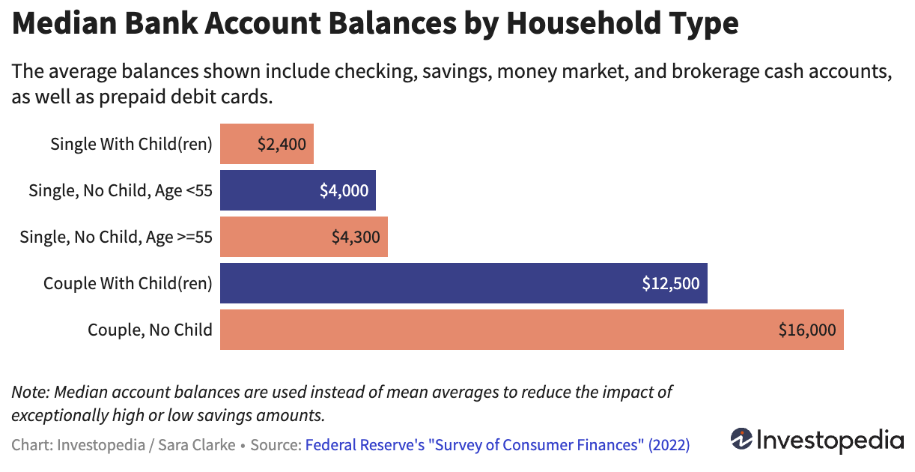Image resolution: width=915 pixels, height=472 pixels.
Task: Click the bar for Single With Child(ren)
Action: click(x=266, y=144)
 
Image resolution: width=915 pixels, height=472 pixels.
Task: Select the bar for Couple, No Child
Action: click(x=532, y=330)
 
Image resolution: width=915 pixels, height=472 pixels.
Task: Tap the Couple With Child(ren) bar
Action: click(x=463, y=283)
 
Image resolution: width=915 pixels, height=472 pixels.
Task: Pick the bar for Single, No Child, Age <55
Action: click(x=297, y=190)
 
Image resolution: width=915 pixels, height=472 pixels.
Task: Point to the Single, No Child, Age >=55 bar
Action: click(x=303, y=237)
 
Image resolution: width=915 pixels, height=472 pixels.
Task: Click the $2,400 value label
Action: click(x=282, y=144)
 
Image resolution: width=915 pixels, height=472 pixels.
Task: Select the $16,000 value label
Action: click(x=806, y=330)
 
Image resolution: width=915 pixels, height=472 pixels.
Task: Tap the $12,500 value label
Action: click(x=670, y=283)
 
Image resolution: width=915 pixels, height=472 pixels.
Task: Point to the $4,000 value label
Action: click(x=344, y=190)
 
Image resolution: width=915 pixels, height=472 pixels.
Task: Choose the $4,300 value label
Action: click(x=356, y=237)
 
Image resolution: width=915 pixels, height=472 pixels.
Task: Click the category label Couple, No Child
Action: click(x=150, y=330)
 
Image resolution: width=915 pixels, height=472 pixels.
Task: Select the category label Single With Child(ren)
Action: click(x=131, y=144)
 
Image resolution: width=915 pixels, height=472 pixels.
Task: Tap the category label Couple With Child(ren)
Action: click(x=128, y=283)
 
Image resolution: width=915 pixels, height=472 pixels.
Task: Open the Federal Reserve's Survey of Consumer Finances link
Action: click(x=497, y=445)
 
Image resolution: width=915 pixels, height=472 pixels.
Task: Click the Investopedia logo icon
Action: click(x=741, y=438)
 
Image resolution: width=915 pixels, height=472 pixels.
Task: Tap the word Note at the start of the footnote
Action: click(x=29, y=392)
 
